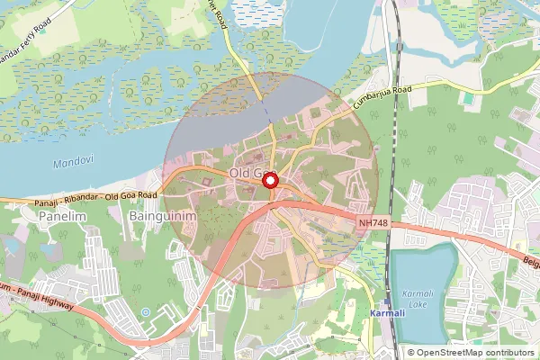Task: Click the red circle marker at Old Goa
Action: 269,181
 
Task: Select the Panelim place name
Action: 61,217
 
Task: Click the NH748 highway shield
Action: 375,222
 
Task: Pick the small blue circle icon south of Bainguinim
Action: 146,312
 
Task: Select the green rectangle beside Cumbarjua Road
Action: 468,96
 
